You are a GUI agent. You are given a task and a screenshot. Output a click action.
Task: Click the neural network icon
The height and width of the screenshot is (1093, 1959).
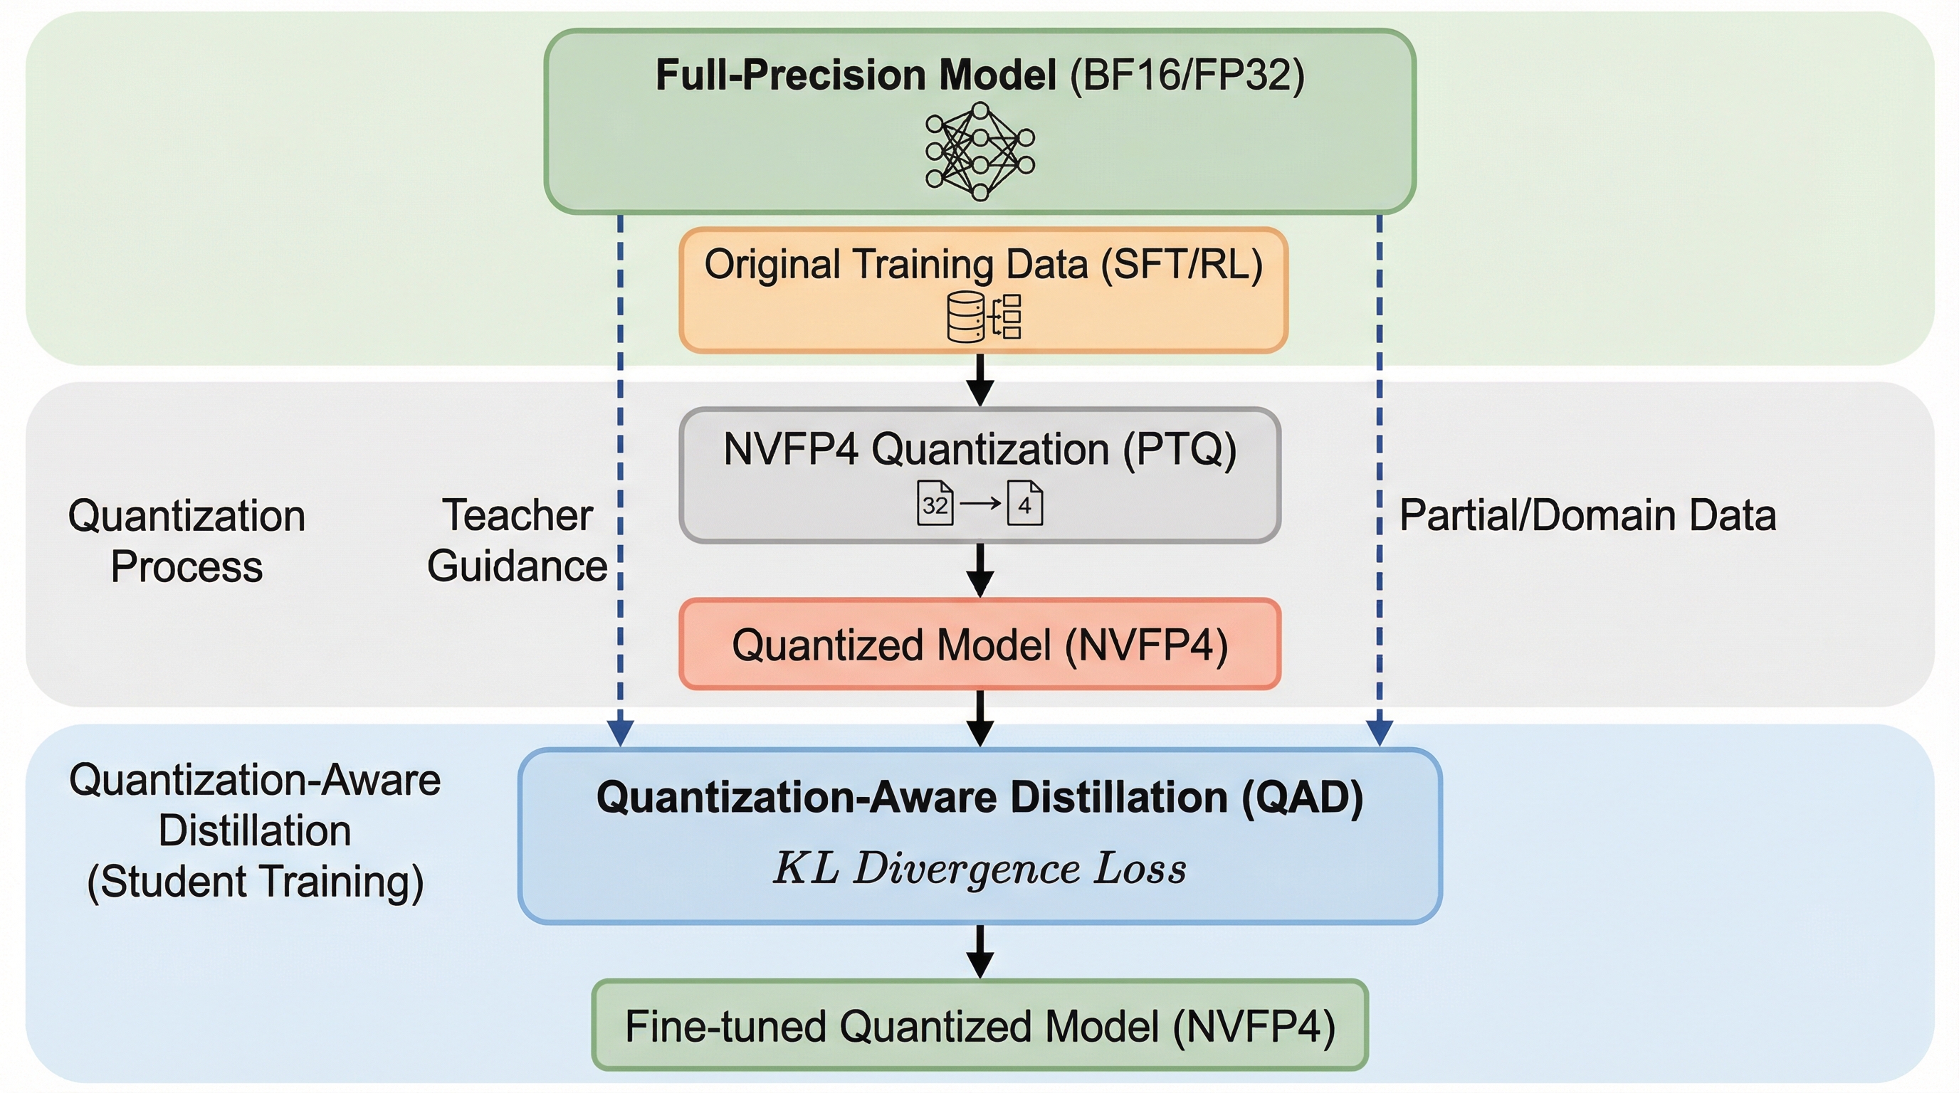[x=979, y=152]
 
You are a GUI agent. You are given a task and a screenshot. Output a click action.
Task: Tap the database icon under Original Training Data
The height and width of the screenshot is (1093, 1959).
[x=967, y=317]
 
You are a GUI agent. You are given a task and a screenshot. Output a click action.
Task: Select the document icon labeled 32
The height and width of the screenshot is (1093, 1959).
[x=935, y=503]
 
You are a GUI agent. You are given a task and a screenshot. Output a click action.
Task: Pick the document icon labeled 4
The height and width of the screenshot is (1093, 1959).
[x=1024, y=503]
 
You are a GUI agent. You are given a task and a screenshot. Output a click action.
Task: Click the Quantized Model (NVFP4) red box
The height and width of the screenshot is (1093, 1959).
[x=979, y=645]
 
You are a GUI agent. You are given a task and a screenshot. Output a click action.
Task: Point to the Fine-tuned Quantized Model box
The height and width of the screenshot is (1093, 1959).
[x=979, y=1025]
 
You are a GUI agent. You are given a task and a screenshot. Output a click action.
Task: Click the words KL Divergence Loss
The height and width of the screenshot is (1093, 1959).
[x=979, y=869]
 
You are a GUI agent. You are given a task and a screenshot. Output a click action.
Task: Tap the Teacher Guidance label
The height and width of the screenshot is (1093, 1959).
[x=517, y=540]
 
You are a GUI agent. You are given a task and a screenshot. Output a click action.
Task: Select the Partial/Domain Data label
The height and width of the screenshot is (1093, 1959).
[x=1587, y=515]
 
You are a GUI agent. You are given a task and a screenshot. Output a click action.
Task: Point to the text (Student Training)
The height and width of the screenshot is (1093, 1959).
[x=255, y=882]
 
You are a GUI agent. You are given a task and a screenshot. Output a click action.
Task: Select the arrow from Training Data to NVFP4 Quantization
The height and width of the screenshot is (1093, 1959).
[x=979, y=381]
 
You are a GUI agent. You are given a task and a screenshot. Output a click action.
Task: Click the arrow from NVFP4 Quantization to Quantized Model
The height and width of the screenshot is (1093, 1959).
[x=979, y=571]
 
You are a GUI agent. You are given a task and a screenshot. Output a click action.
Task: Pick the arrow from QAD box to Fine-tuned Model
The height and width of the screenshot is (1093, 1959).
[x=979, y=952]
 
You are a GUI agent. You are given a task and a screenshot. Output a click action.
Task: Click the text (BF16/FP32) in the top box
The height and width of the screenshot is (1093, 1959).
[x=1187, y=75]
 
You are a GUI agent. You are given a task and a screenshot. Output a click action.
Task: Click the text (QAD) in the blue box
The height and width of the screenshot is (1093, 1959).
[x=1302, y=797]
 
